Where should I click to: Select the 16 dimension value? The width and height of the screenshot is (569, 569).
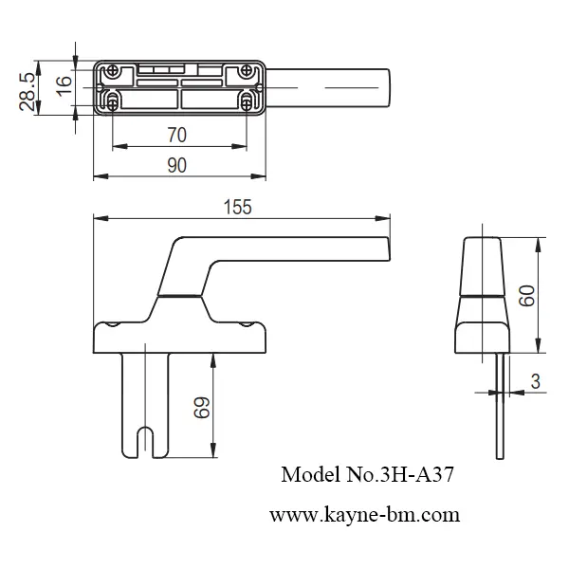(x=64, y=83)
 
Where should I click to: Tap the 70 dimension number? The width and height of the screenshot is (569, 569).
(x=176, y=135)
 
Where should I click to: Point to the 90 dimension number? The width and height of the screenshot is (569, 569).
(x=176, y=164)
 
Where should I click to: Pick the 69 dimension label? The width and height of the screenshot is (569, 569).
(x=200, y=409)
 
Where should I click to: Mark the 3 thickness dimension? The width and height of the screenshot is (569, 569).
(x=536, y=382)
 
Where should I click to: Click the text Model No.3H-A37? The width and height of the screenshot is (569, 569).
(x=369, y=475)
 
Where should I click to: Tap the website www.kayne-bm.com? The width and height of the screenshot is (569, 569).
(x=364, y=516)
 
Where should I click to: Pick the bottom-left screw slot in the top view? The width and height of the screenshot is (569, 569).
(x=113, y=101)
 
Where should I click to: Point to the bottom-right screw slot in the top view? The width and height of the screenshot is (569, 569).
(x=248, y=101)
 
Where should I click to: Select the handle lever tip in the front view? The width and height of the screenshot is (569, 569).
(x=379, y=248)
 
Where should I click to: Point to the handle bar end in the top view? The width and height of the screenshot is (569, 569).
(x=379, y=87)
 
